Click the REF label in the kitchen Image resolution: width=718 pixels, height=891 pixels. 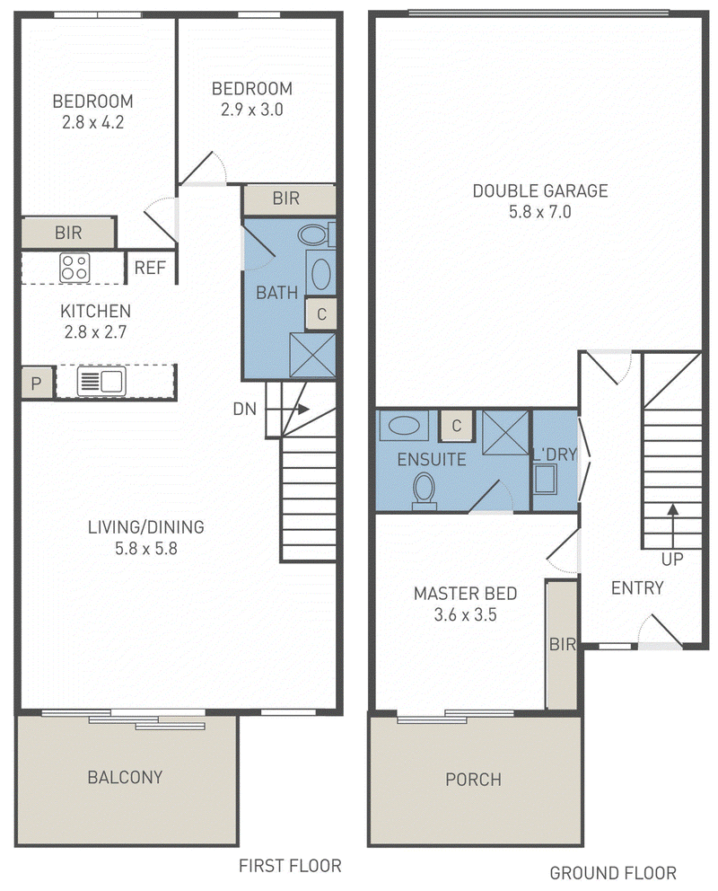click(150, 267)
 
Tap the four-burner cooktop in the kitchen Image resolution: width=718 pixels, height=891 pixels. click(74, 268)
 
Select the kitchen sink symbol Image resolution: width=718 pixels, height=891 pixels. click(101, 382)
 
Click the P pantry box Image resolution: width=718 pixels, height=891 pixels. click(36, 384)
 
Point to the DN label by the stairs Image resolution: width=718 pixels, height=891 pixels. click(245, 410)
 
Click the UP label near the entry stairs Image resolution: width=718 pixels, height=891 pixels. click(672, 560)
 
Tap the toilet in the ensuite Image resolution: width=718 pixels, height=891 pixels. click(424, 491)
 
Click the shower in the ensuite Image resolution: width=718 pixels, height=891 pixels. click(505, 432)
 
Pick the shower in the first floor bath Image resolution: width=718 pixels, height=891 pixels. click(312, 355)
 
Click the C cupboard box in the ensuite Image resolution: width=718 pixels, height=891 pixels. click(456, 425)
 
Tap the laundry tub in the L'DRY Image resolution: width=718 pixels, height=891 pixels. click(545, 479)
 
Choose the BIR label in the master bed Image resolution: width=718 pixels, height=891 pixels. click(563, 644)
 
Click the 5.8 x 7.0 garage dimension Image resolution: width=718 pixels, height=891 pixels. click(539, 212)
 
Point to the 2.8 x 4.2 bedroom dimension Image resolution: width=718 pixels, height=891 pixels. click(93, 122)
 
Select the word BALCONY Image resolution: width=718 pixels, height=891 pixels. click(125, 777)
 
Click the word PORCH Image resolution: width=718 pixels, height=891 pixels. click(473, 779)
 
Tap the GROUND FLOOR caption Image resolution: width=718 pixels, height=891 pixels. click(613, 872)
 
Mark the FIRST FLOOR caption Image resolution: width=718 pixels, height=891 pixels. click(290, 866)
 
